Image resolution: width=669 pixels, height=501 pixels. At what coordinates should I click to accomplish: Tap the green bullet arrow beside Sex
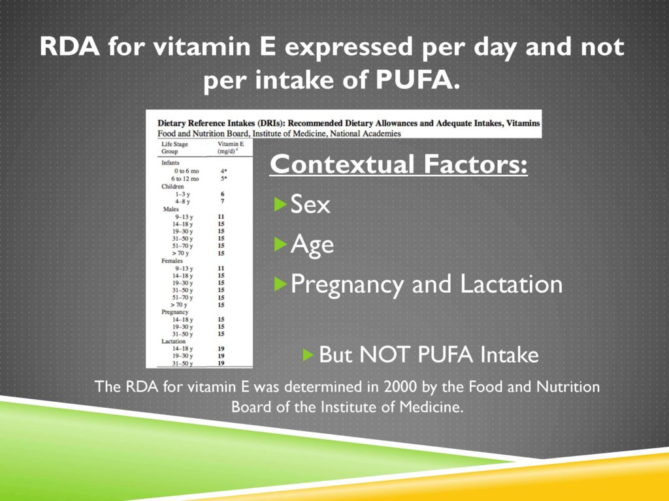280,204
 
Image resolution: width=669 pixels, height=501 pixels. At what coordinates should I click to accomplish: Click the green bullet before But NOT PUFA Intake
308,354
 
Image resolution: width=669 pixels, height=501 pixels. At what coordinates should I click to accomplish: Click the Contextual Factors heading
399,164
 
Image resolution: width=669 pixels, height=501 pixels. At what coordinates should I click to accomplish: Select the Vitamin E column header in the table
231,147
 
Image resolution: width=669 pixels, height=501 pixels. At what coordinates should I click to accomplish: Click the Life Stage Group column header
174,147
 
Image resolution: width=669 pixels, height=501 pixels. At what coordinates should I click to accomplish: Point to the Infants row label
171,162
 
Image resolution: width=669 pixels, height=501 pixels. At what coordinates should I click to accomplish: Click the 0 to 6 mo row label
186,171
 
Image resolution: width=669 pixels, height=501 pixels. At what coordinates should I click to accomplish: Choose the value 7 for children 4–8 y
222,201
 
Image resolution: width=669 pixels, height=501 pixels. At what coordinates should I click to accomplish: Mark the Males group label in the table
171,209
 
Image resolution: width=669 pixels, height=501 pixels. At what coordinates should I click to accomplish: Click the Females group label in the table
172,261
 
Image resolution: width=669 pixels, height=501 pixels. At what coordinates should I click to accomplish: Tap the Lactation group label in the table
173,341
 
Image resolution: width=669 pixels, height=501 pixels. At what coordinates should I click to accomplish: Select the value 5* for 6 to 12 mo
223,179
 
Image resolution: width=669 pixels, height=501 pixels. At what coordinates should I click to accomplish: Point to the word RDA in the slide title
69,46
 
